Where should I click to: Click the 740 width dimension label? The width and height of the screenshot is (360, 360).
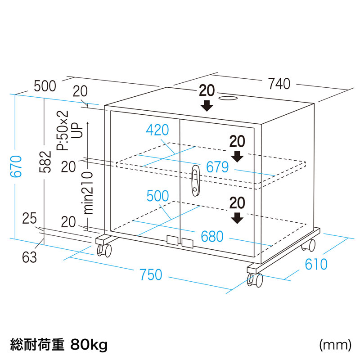coord(279,84)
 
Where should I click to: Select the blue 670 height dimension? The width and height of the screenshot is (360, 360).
coord(16,167)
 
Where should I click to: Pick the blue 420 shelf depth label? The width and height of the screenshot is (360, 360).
coord(157,130)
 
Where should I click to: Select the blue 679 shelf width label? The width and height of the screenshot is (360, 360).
coord(218,167)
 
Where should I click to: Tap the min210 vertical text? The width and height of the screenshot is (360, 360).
coord(88,192)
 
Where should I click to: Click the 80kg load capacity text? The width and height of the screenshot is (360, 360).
coord(89,345)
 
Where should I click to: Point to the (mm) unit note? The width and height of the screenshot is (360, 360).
coord(335,345)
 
